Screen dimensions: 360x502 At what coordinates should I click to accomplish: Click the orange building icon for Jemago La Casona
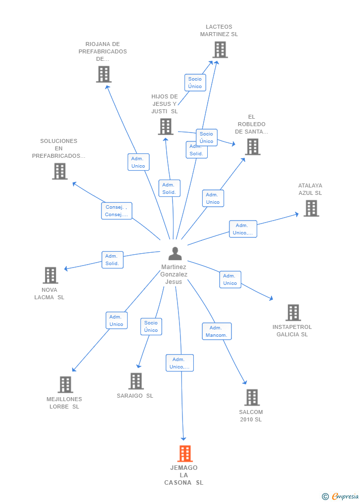pos(184,453)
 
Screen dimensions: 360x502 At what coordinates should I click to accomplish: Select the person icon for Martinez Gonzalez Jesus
pos(175,253)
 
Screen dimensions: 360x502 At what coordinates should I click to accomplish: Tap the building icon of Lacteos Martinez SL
pos(220,49)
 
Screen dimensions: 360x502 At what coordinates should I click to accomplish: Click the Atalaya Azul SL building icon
pos(311,208)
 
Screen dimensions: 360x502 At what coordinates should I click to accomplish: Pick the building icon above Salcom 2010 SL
pos(252,397)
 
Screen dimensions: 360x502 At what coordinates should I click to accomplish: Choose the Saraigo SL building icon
pos(136,381)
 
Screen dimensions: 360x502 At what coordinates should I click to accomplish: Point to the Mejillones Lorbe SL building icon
pos(65,384)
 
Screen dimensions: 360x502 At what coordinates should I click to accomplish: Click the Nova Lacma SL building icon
pos(50,275)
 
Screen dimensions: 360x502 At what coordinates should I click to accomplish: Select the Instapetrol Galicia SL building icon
pos(293,313)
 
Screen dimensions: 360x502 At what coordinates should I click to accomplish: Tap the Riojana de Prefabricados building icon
pos(103,74)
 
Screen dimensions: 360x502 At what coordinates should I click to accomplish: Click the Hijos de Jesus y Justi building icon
pos(165,127)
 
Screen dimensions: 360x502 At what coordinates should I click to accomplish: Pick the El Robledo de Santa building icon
pos(252,147)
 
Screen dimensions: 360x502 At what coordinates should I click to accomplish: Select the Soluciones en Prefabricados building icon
pos(60,171)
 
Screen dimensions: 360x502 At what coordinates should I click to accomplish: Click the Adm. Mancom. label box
pos(217,331)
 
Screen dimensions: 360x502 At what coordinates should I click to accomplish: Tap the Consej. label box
pos(117,211)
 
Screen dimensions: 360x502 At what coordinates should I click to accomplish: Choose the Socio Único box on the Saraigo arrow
pos(151,326)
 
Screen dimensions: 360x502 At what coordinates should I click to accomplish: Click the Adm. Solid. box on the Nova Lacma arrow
pos(112,260)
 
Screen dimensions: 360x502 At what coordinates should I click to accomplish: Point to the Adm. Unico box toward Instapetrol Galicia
pos(230,279)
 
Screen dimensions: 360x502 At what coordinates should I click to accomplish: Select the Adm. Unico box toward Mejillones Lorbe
pos(116,320)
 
